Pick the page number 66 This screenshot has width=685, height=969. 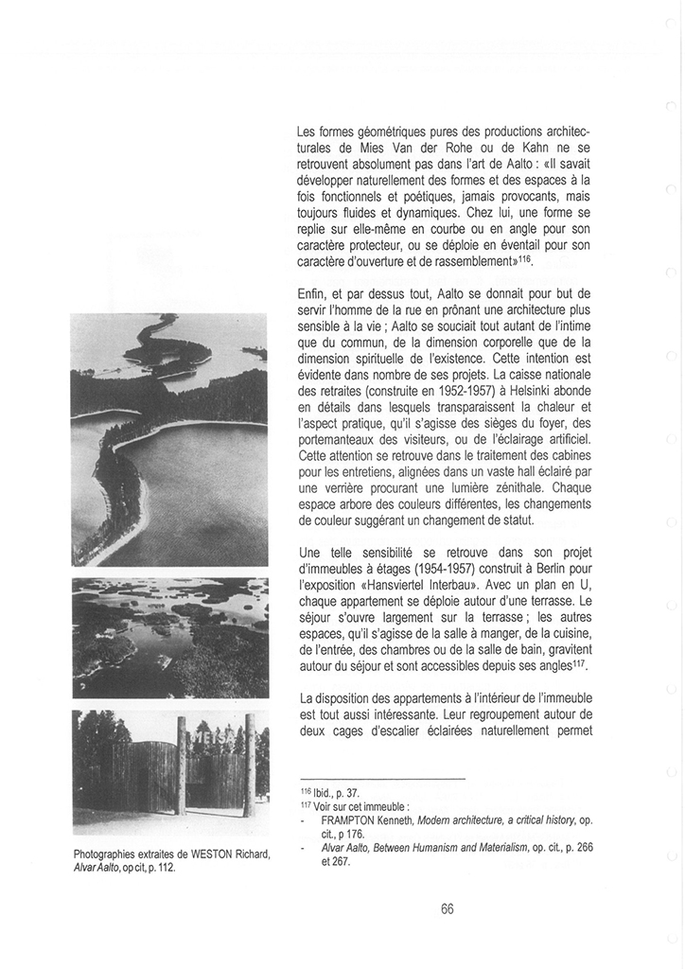[448, 908]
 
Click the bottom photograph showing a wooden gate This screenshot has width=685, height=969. [170, 768]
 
